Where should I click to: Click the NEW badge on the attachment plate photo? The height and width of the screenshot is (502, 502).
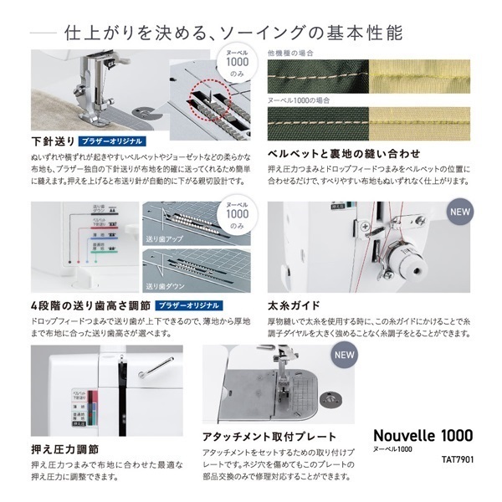(x=345, y=353)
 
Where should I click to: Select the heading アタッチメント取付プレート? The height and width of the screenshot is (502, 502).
(x=269, y=437)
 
